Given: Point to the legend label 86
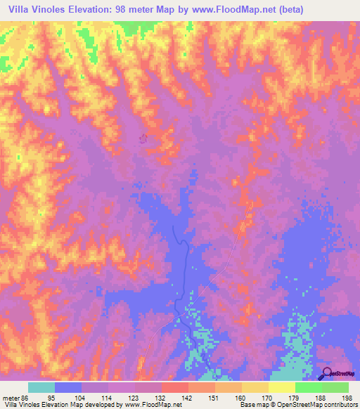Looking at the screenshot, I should pos(27,397).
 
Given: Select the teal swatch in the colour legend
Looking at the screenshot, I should pos(41,387).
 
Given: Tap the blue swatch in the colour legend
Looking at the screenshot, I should pos(67,387).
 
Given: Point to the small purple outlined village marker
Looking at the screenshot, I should pos(145,138).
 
